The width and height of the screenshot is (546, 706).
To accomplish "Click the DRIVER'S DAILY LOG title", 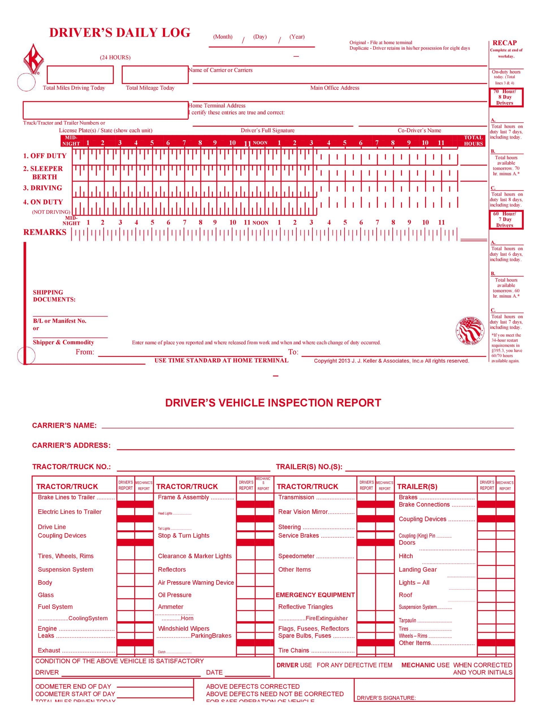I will coord(120,33).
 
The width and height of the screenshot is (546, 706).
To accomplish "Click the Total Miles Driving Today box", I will coord(80,74).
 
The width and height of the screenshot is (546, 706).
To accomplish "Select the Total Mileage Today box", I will coord(155,74).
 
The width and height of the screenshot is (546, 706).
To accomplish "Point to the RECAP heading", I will coord(504,43).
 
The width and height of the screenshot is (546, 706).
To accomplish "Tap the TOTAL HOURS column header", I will coord(473,141).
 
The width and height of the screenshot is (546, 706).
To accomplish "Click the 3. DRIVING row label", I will coord(42,188).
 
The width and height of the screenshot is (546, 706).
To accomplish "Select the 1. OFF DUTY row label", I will coord(45,156).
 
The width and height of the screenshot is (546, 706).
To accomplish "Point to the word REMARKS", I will coord(45,232).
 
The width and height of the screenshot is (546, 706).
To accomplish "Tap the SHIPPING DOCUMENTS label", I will coord(54,296).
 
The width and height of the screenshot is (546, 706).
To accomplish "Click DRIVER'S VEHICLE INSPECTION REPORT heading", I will coord(273,403).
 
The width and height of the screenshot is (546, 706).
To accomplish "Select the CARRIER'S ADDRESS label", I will coord(71,445).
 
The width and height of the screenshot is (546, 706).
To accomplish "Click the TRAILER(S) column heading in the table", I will coord(417,487).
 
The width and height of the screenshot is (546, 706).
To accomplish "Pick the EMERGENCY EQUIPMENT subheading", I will coord(315,595).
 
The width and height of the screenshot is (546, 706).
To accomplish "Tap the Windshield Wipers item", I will coord(183,628).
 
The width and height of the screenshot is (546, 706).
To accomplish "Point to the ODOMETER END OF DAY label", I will coord(73,686).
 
